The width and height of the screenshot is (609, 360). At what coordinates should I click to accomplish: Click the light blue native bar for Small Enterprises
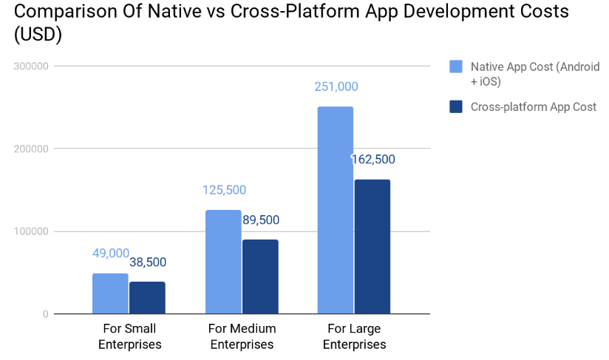[110, 293]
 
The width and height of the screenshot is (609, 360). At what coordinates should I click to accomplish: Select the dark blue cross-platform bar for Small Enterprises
[147, 297]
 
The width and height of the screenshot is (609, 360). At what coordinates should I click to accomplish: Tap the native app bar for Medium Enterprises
[223, 262]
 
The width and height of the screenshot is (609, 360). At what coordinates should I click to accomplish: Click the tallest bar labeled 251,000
[336, 210]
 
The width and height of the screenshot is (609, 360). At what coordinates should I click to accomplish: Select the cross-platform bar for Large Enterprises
[372, 246]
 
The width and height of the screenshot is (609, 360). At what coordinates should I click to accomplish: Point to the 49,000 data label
[111, 253]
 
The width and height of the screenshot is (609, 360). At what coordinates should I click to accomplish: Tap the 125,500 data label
[224, 190]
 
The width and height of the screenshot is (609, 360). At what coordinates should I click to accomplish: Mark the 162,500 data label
[373, 159]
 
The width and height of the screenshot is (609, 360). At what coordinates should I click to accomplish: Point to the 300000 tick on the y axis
[31, 66]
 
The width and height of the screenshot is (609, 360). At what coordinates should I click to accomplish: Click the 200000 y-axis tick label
[31, 149]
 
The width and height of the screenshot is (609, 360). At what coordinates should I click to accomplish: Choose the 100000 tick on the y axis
[31, 231]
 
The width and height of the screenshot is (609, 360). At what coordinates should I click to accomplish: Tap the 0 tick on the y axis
[45, 314]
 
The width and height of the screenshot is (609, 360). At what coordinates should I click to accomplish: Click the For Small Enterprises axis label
[129, 336]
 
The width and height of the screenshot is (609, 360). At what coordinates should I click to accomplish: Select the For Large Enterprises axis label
[354, 336]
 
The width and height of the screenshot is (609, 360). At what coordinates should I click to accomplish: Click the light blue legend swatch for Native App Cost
[456, 67]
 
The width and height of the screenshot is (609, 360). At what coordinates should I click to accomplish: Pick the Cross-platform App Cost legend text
[533, 106]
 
